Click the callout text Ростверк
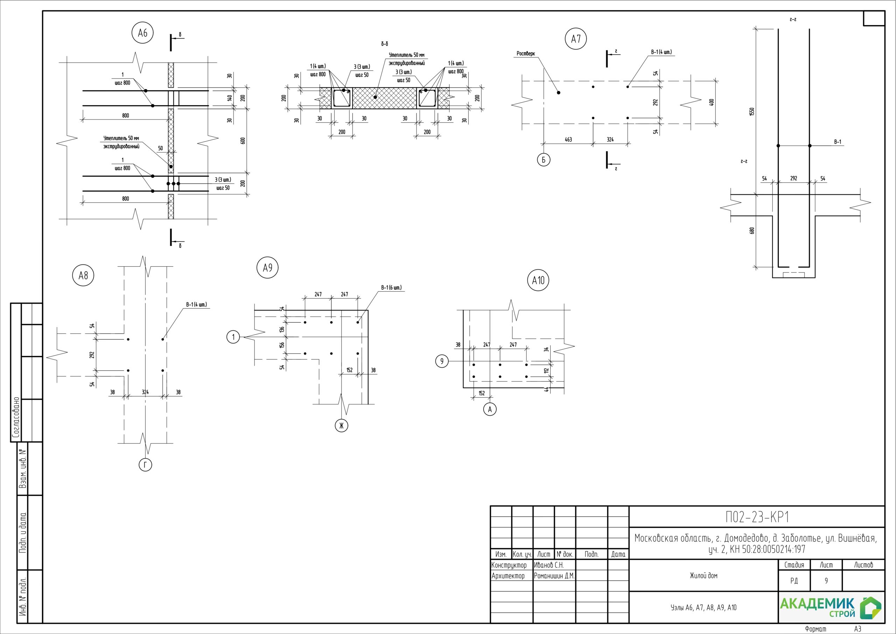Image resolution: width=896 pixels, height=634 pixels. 526,54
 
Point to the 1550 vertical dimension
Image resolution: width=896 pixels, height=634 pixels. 752,111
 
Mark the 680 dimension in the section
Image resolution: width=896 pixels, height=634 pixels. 752,231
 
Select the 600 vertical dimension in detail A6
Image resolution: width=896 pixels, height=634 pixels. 243,140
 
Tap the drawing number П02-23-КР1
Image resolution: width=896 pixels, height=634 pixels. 757,517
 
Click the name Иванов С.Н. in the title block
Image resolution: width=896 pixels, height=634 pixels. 549,565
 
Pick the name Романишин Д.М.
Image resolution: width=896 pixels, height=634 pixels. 554,576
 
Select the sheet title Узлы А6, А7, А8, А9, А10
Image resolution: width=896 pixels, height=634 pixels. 703,608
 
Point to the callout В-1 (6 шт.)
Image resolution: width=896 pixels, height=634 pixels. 391,288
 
